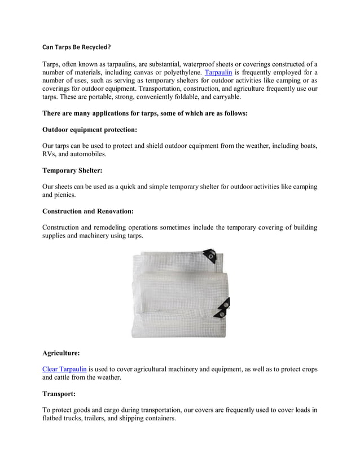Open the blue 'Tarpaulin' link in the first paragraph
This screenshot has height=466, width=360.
click(x=218, y=73)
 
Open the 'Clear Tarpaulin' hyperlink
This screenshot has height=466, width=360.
click(x=64, y=369)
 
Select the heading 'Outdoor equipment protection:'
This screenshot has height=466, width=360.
click(x=90, y=129)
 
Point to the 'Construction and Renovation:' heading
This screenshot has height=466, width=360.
click(x=88, y=211)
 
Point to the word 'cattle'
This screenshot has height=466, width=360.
click(x=68, y=377)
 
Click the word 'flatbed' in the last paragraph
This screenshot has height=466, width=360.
click(x=54, y=419)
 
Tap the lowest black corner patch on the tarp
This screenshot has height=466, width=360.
click(x=223, y=311)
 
